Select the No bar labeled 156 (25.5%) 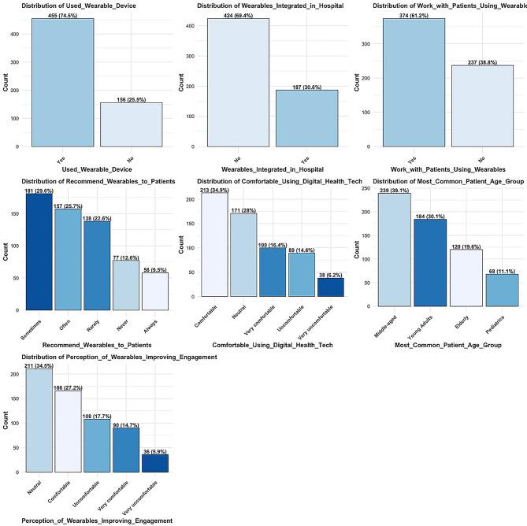tap(131, 124)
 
